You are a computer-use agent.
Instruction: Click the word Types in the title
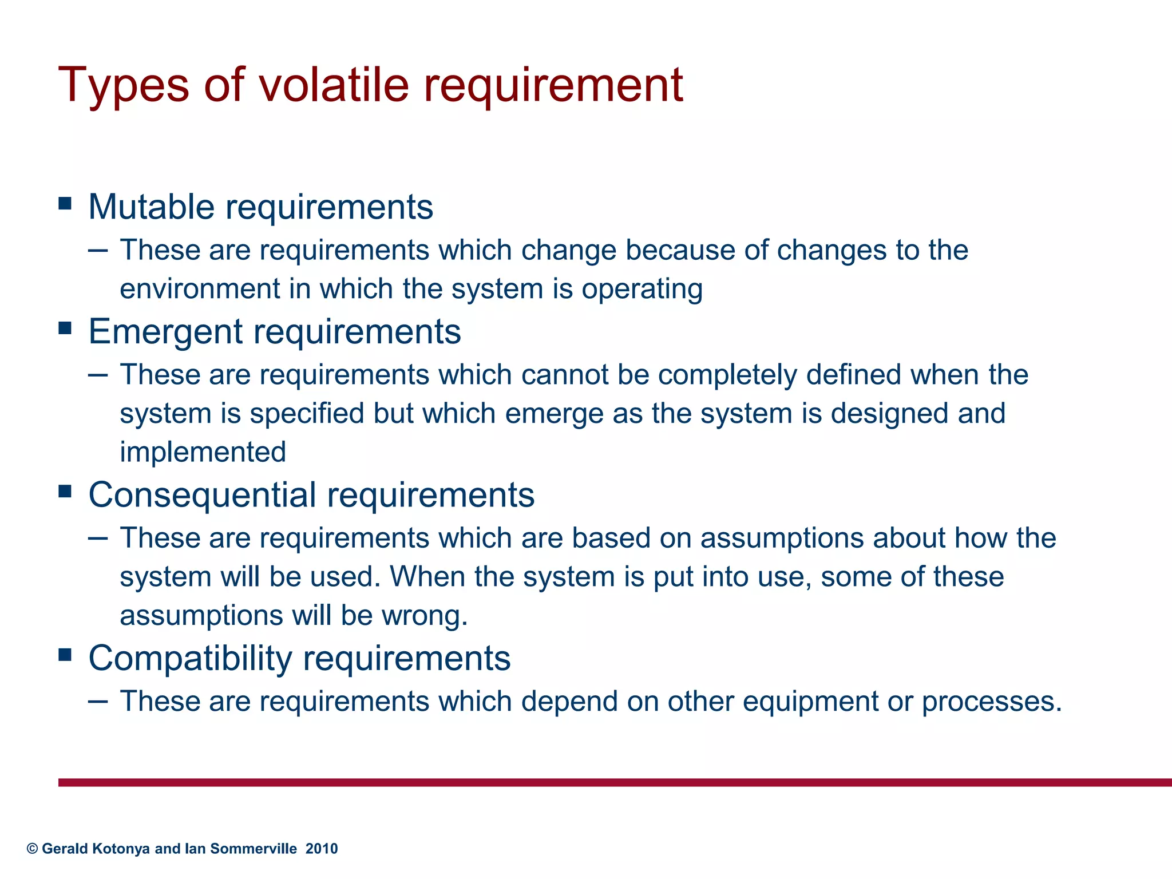tap(123, 86)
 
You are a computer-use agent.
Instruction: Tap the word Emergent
tap(165, 331)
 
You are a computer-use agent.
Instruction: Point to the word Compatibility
tap(190, 658)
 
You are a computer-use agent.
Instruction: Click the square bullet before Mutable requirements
tap(65, 203)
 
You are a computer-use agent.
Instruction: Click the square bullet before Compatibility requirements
tap(65, 654)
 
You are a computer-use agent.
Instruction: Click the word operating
tap(642, 290)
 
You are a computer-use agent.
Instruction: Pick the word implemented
tap(203, 452)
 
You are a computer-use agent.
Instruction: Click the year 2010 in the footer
tap(322, 849)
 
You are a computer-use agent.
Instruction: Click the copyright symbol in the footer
tap(33, 849)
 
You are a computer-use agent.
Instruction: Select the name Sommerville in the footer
tap(254, 849)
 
